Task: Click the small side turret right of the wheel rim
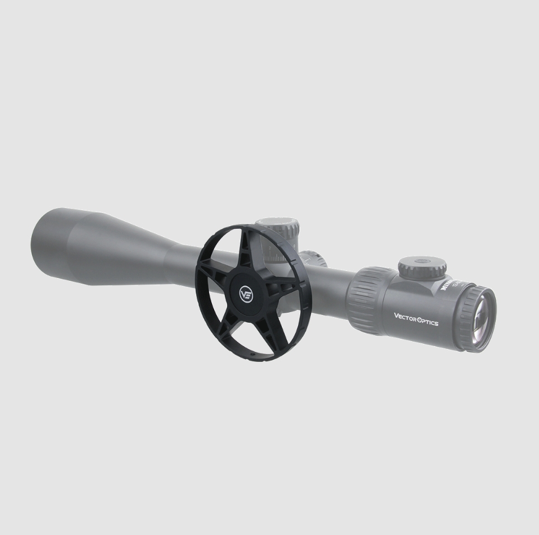(316, 259)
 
